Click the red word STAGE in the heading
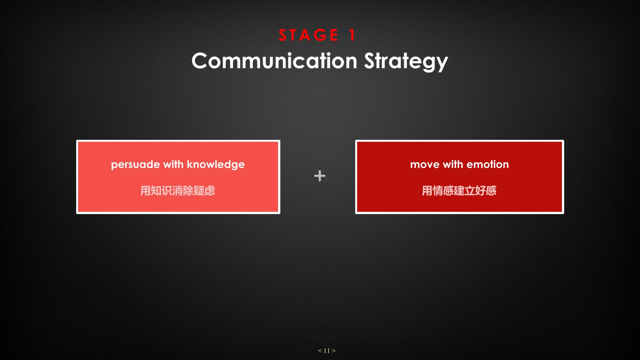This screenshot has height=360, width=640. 308,35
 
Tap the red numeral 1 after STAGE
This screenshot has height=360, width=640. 352,35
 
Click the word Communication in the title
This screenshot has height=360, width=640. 274,60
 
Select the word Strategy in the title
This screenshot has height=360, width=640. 406,61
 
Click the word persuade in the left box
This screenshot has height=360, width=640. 135,165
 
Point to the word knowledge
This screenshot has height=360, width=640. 216,164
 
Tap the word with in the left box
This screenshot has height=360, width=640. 173,164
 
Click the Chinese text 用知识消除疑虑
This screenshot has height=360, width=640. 178,191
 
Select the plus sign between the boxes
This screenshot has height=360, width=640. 320,176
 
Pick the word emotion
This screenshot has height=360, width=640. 488,164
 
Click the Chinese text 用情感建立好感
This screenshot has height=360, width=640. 459,191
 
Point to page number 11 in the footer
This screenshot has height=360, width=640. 327,351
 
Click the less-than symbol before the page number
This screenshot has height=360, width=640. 320,351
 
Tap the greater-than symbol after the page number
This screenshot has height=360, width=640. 333,351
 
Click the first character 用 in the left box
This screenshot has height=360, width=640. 146,191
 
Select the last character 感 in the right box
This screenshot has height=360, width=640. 491,191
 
